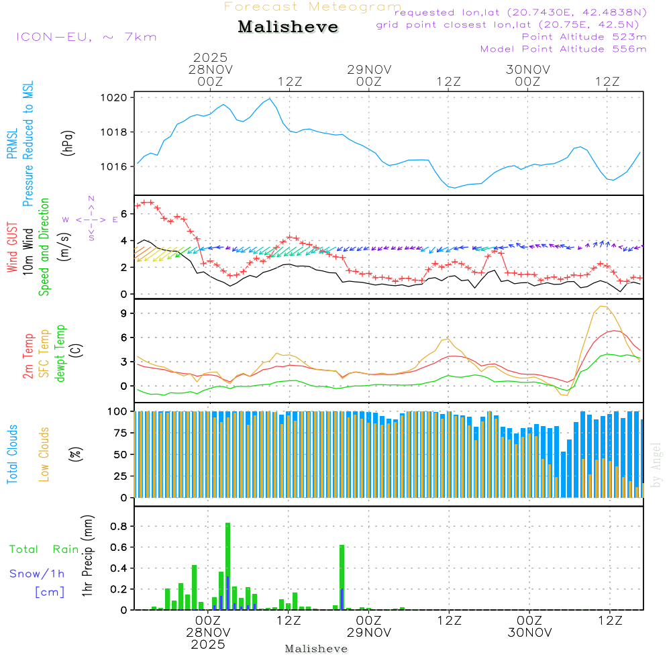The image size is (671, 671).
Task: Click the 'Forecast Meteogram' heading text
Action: click(313, 7)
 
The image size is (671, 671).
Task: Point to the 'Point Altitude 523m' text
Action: click(584, 37)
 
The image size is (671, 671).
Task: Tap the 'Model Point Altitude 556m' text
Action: click(564, 49)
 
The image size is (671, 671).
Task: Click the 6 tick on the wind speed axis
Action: click(123, 213)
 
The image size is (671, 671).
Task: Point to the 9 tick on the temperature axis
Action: click(123, 313)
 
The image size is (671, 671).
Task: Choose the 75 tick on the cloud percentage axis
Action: click(119, 433)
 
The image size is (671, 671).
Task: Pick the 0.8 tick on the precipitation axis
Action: click(118, 526)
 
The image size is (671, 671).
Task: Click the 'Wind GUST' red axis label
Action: click(12, 248)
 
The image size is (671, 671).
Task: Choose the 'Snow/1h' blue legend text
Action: click(38, 574)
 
